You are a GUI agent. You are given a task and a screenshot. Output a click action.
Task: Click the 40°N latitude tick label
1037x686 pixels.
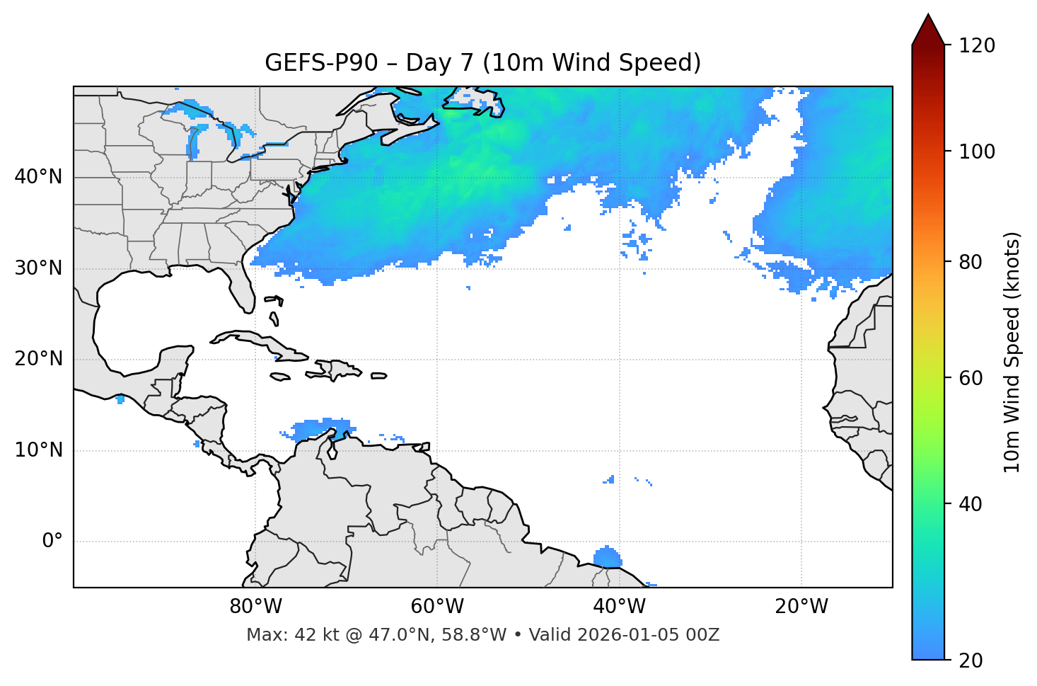(x=38, y=177)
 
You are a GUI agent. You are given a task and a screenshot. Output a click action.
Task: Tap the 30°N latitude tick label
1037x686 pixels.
(x=38, y=268)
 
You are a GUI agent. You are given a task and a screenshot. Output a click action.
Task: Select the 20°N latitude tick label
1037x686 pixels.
(x=38, y=359)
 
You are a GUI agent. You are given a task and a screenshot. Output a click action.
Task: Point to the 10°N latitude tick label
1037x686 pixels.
(x=38, y=450)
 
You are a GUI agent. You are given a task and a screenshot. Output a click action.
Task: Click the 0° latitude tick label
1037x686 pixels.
(x=52, y=542)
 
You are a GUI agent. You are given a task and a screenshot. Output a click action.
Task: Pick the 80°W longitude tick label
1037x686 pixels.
(x=255, y=607)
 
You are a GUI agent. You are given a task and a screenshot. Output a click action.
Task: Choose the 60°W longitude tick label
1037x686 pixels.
(x=437, y=607)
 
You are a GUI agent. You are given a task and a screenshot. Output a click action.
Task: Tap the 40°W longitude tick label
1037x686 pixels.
(x=619, y=607)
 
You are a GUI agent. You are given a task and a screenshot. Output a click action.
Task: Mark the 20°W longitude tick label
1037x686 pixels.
(x=801, y=607)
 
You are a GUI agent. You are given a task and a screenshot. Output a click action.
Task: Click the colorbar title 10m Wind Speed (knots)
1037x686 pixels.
(x=1012, y=352)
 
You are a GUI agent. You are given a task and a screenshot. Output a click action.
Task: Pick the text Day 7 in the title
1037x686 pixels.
(x=439, y=63)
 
